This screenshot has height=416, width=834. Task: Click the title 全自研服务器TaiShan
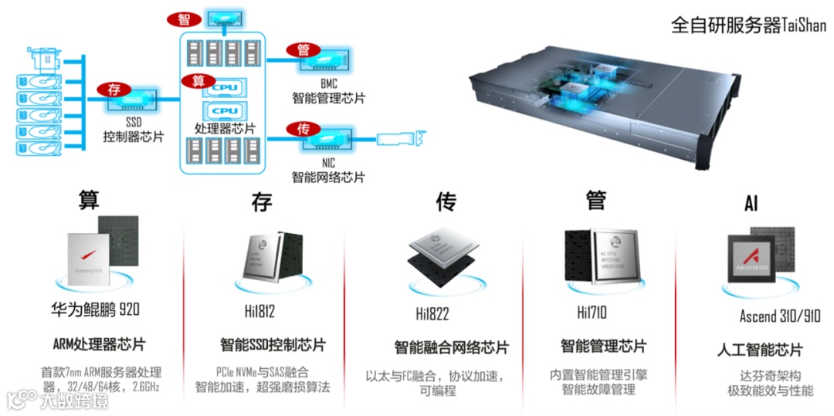tap(748, 25)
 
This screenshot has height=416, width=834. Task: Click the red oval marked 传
tap(303, 128)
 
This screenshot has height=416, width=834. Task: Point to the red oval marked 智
tap(183, 18)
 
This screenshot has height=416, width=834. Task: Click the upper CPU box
tap(224, 88)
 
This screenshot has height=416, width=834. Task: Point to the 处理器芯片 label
tap(225, 128)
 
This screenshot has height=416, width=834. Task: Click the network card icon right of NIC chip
tap(402, 140)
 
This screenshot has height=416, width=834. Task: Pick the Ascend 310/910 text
tap(780, 316)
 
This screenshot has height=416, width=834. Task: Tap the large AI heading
tap(751, 204)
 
